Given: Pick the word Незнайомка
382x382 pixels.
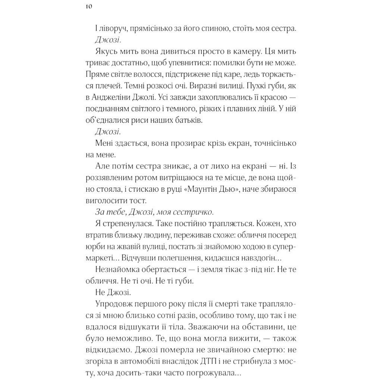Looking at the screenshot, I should click(x=117, y=269).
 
